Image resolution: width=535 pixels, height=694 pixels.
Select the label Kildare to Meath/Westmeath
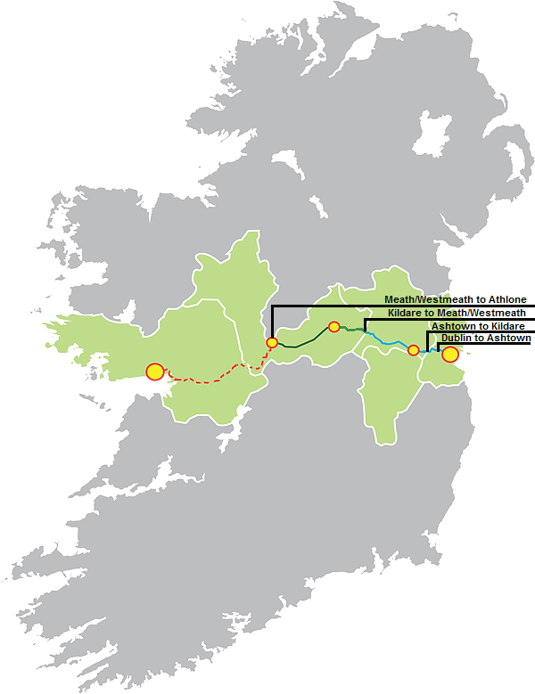[x=456, y=313]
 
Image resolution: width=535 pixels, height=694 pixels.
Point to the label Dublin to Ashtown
[x=486, y=339]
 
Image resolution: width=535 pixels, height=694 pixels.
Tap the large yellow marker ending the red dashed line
[x=155, y=371]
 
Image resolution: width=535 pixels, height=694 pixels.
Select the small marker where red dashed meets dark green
[x=272, y=342]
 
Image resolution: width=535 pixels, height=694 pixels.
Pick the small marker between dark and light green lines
[x=334, y=327]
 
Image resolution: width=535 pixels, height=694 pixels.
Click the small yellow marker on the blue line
[x=413, y=350]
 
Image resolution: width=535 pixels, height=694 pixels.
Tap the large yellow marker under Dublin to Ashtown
[x=450, y=355]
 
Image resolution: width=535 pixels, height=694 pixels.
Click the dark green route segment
[x=303, y=341]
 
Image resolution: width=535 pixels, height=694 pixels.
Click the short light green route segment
[x=352, y=330]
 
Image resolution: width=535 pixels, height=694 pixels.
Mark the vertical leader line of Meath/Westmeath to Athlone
[x=272, y=321]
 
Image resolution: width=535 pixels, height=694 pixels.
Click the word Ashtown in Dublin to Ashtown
[x=511, y=339]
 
